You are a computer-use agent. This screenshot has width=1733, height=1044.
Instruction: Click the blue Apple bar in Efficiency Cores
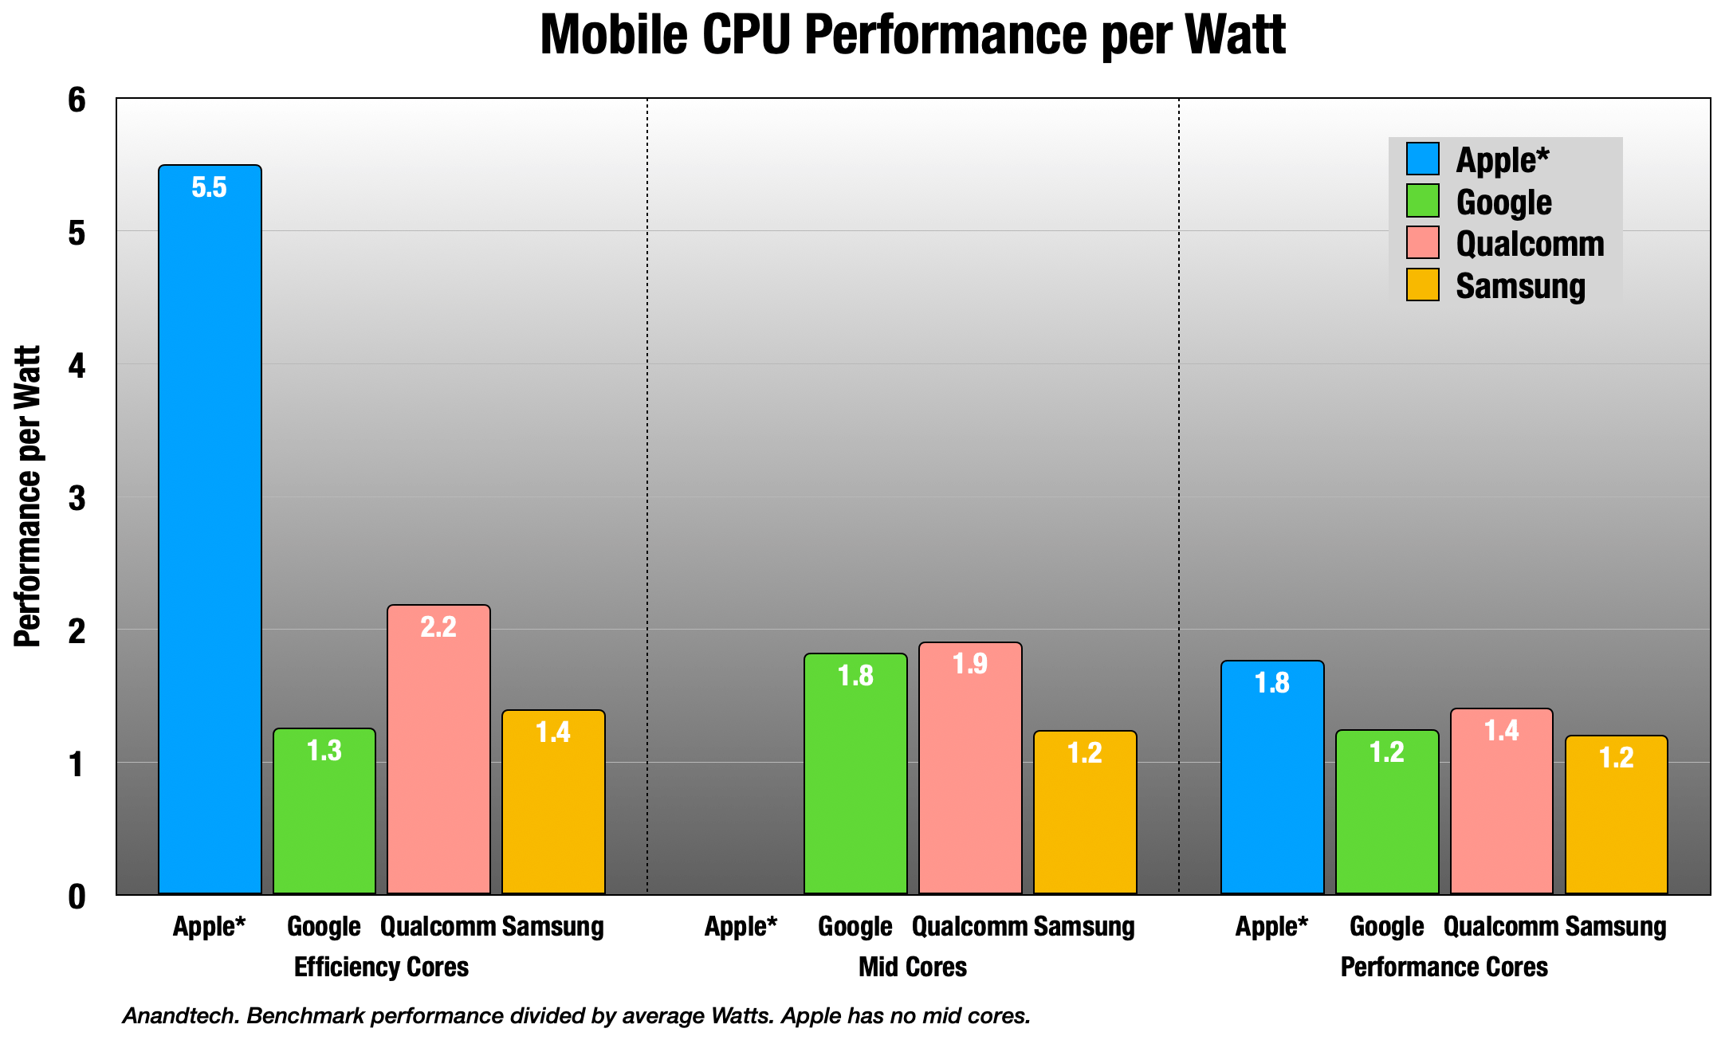210,529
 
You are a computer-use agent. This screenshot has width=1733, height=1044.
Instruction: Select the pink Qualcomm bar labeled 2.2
438,749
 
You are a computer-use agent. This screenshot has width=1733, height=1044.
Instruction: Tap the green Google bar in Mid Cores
855,773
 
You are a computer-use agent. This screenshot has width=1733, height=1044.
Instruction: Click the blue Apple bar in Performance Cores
1272,777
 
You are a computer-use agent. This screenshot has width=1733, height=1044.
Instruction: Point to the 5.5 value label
209,188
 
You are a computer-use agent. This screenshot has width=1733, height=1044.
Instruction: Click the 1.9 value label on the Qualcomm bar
970,664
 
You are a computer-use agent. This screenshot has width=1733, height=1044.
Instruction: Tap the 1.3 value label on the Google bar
324,751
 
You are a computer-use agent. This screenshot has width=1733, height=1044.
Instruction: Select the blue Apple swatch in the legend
1422,159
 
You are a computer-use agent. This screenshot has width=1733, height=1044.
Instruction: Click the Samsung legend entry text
1520,286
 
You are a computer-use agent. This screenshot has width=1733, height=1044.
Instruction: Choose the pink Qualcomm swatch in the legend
1422,243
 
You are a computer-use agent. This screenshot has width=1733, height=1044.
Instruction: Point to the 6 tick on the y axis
77,100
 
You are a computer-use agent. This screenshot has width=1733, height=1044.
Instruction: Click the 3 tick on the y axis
77,499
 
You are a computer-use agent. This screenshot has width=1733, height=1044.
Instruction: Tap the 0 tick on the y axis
77,897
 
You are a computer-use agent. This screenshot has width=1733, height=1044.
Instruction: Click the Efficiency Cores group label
381,967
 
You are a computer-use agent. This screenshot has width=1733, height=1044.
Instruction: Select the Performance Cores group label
1444,967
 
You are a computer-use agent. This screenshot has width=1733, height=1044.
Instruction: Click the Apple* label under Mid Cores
741,927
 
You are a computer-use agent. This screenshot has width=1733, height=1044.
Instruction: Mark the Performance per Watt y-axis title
28,496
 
